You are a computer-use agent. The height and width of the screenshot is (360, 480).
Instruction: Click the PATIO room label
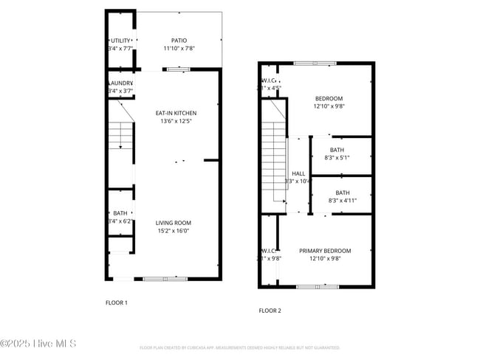179,41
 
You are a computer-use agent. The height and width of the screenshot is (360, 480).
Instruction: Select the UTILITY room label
120,41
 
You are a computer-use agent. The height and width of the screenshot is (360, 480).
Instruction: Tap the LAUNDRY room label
120,83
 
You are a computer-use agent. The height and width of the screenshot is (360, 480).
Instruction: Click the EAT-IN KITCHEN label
176,113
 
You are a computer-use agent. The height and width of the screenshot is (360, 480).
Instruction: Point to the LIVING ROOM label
174,223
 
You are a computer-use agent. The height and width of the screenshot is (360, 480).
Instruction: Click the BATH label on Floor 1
120,213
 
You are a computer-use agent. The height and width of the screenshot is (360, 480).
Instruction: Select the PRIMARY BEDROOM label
325,251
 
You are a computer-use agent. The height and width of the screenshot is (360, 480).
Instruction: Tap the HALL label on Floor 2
298,173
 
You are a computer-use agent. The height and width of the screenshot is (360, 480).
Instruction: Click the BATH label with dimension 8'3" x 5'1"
337,150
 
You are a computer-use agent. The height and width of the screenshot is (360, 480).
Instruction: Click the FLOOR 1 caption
117,302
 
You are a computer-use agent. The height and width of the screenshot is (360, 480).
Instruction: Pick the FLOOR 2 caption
270,311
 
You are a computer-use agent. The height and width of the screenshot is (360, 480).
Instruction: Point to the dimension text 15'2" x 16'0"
174,231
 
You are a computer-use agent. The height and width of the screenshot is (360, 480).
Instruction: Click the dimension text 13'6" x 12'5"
176,121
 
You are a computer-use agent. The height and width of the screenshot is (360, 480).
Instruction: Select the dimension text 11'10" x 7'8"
179,49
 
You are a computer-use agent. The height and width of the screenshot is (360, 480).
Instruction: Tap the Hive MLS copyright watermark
38,344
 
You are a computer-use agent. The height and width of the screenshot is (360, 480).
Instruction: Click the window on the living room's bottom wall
165,279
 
